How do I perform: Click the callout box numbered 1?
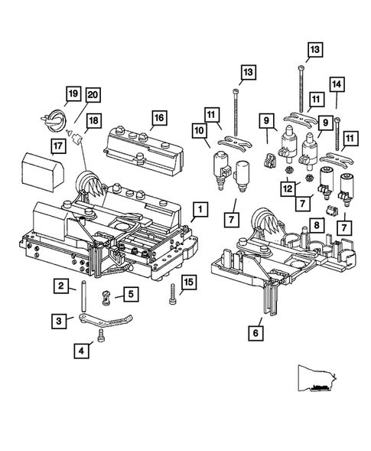click(199, 208)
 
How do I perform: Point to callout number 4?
click(80, 351)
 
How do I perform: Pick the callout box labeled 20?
click(92, 94)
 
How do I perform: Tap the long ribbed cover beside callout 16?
click(145, 147)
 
